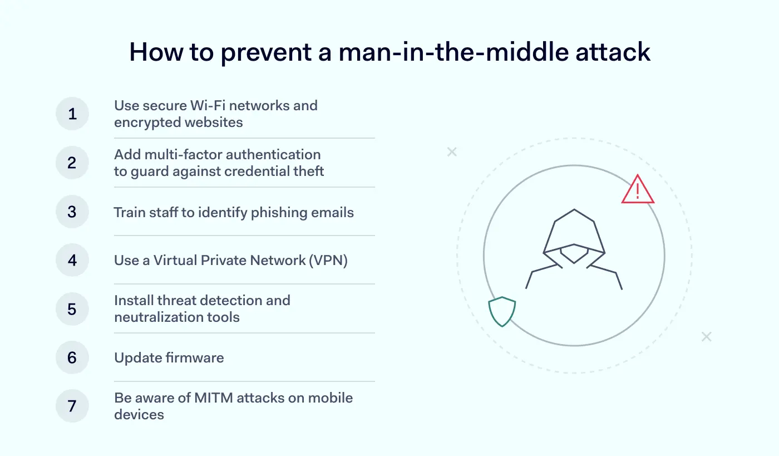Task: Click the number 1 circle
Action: (72, 114)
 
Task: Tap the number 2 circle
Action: (72, 163)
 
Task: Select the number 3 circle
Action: (72, 212)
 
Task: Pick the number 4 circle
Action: (72, 260)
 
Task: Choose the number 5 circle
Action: (72, 309)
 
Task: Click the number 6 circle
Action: (72, 357)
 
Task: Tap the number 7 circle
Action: (72, 406)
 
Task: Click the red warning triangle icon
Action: (638, 190)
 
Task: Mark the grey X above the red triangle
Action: (452, 152)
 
